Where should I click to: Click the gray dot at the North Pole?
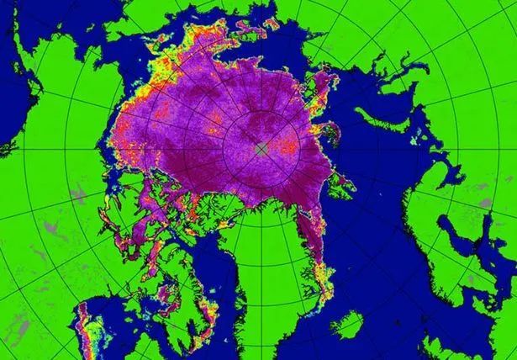pyautogui.click(x=261, y=148)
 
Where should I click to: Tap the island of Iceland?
pyautogui.click(x=351, y=324)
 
